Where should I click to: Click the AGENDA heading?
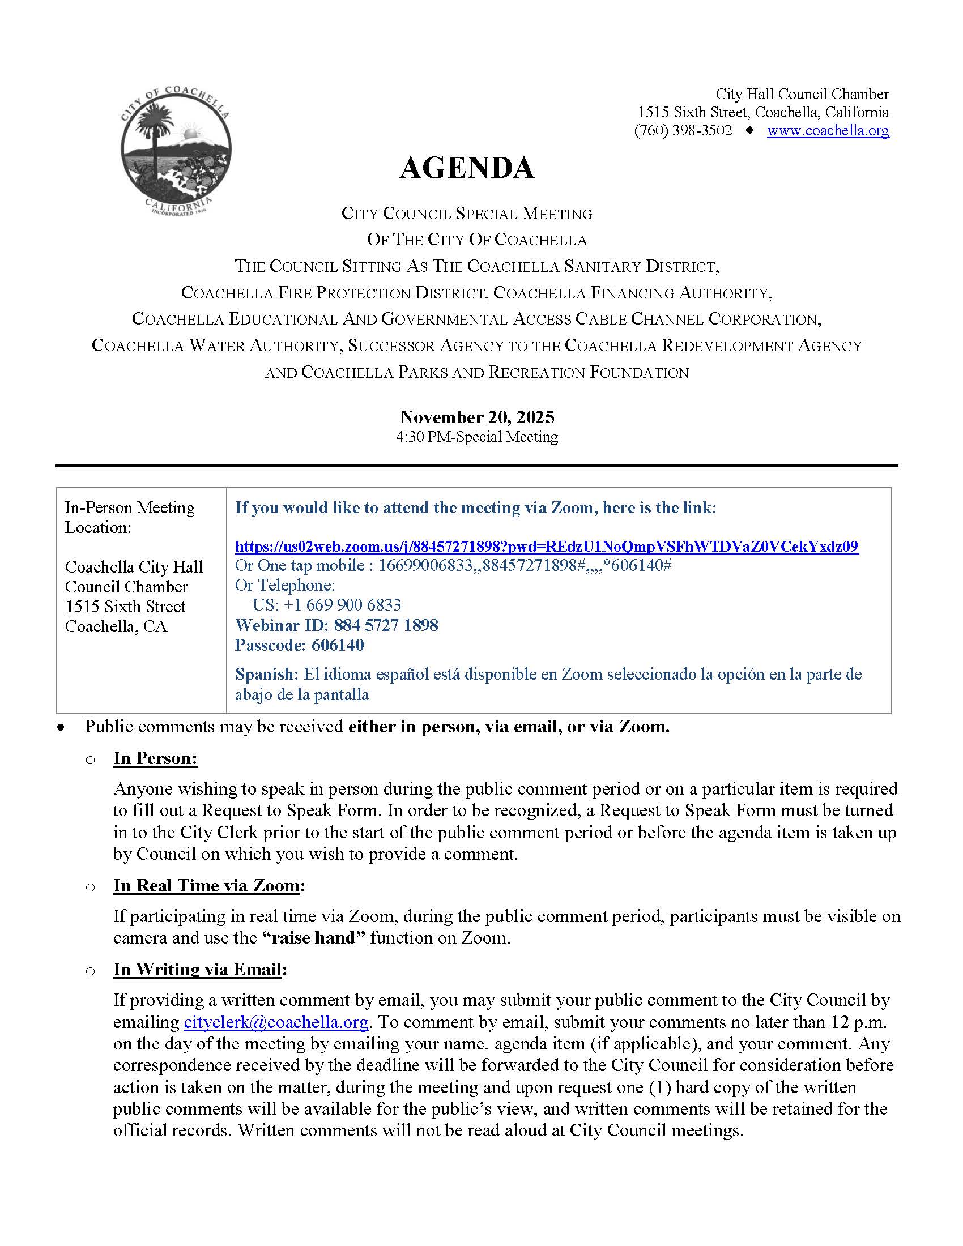(x=467, y=168)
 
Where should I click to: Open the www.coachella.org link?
(x=828, y=131)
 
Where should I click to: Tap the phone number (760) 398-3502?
(x=683, y=131)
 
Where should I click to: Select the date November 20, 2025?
(x=477, y=417)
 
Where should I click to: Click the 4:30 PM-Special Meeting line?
(x=477, y=437)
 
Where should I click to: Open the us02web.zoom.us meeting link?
(x=546, y=547)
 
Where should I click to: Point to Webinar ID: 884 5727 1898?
(x=336, y=625)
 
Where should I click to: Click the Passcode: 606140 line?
(x=300, y=645)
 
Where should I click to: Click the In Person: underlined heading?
(x=155, y=758)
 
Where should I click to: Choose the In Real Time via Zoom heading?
(x=207, y=885)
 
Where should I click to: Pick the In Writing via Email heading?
(x=197, y=969)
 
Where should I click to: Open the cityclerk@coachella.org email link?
(x=275, y=1022)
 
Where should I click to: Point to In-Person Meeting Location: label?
(x=130, y=517)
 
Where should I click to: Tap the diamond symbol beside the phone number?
(x=749, y=130)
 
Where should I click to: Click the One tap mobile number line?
(x=453, y=565)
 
